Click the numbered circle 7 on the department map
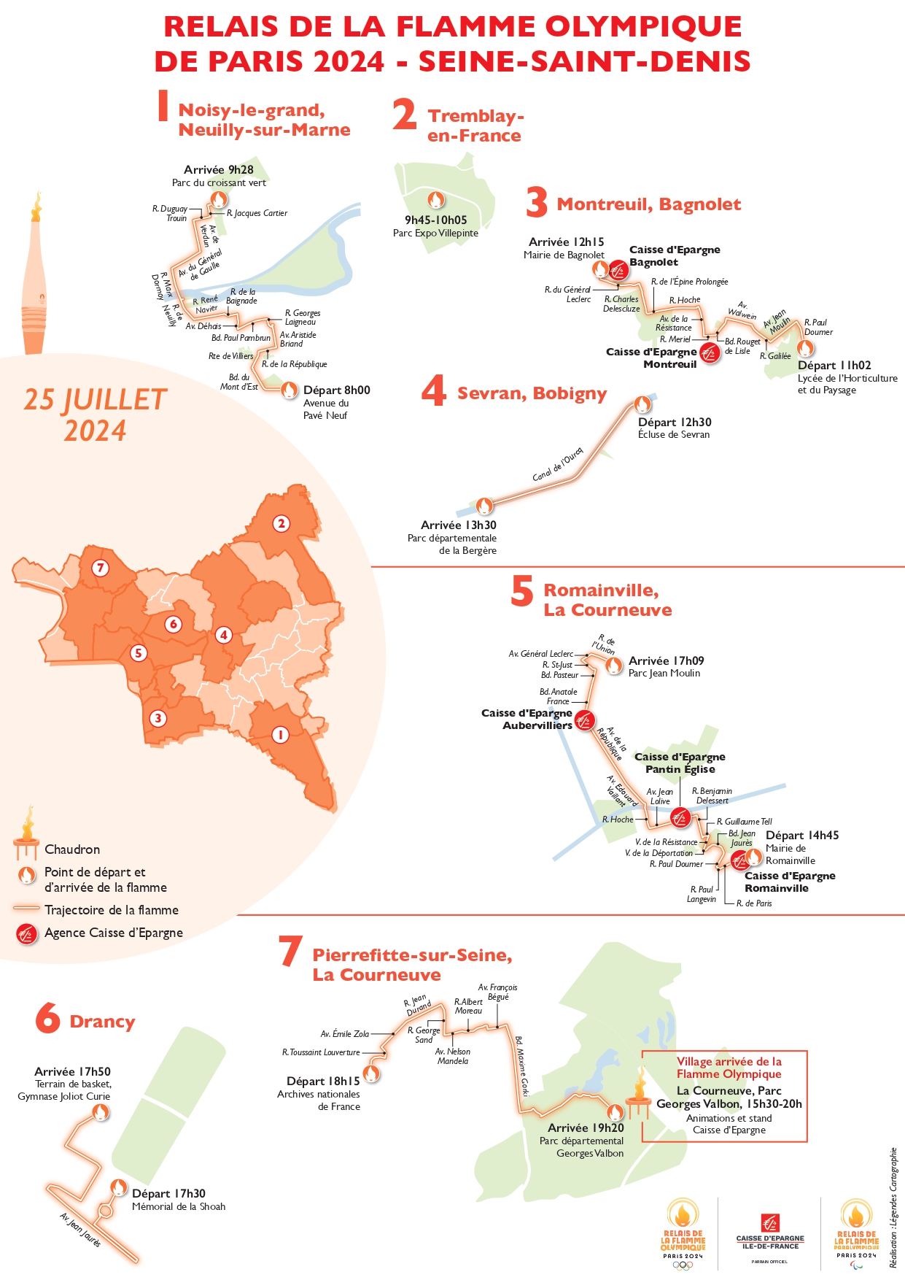coord(101,568)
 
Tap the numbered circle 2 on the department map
coord(281,523)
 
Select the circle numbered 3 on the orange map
coord(158,718)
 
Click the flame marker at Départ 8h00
coord(289,390)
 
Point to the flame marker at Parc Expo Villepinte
coord(435,199)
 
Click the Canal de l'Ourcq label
coord(558,465)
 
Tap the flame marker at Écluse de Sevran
coord(642,404)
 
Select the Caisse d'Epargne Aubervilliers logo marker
coord(584,721)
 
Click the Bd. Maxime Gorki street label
coord(521,1065)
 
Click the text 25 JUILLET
coord(96,400)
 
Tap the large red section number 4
coord(434,391)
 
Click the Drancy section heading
coord(102,1021)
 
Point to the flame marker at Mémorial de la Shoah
coord(119,1187)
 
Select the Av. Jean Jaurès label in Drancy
coord(80,1229)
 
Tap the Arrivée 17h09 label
coord(666,660)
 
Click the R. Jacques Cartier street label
coord(257,213)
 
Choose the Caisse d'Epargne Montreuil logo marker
coord(709,353)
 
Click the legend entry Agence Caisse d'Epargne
coord(113,933)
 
